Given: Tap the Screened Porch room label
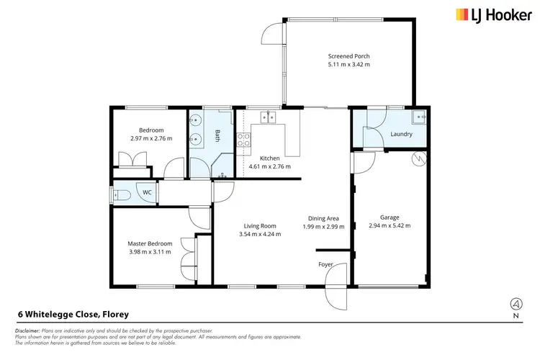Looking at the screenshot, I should (348, 56).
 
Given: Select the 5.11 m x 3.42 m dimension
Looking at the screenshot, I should (348, 65).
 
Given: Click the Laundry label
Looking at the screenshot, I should (401, 134).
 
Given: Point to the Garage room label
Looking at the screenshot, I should (390, 217).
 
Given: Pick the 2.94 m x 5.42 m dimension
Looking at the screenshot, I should (390, 225).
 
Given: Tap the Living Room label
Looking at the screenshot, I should (260, 225).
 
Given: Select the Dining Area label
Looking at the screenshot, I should (323, 218).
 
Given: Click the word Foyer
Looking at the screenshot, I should (326, 264).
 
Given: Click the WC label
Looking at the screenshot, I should (147, 192).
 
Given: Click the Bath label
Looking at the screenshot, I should (217, 135).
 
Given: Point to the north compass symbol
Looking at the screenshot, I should (516, 304).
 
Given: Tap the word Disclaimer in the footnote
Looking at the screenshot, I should (29, 330).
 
